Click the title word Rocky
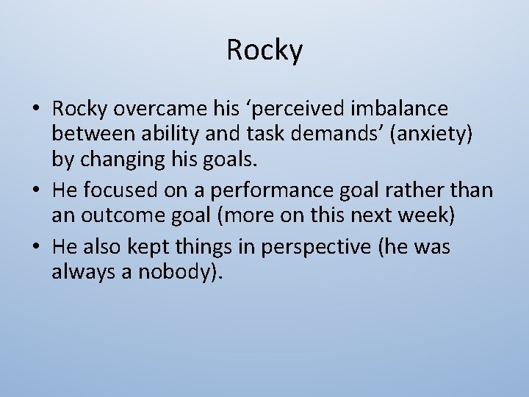coord(264,51)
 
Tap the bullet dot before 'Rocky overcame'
coord(36,110)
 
